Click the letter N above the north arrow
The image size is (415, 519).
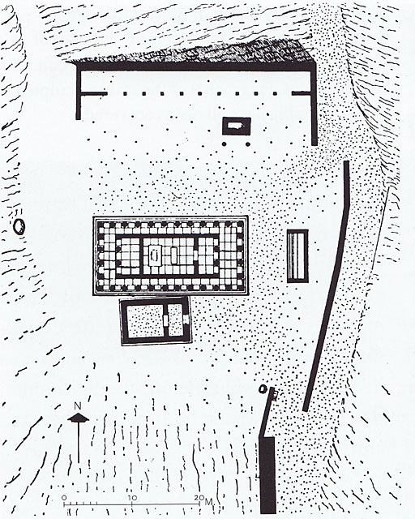click(x=78, y=405)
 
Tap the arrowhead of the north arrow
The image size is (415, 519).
click(x=78, y=418)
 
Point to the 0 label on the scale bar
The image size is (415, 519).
click(x=64, y=498)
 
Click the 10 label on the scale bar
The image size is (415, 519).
click(x=132, y=498)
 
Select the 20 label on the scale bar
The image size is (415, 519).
click(x=199, y=498)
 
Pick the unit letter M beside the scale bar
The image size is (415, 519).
click(x=208, y=502)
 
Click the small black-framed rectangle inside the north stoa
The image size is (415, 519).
click(x=237, y=126)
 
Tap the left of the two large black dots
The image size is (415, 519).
click(x=225, y=144)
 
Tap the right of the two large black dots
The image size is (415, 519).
click(x=247, y=144)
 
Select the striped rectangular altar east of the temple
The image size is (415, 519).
click(x=297, y=256)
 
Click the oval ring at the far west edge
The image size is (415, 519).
click(x=19, y=227)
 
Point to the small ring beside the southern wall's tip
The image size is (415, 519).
click(x=263, y=389)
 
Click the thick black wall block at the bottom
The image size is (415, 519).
click(x=267, y=474)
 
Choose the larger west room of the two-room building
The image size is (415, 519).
click(x=145, y=321)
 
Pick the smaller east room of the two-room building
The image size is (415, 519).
click(x=175, y=320)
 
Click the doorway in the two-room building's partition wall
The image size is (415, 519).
click(x=165, y=321)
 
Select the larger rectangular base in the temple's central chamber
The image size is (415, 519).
click(x=155, y=255)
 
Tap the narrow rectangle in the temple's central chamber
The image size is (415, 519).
click(x=173, y=255)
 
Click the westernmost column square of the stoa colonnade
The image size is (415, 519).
click(x=125, y=94)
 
